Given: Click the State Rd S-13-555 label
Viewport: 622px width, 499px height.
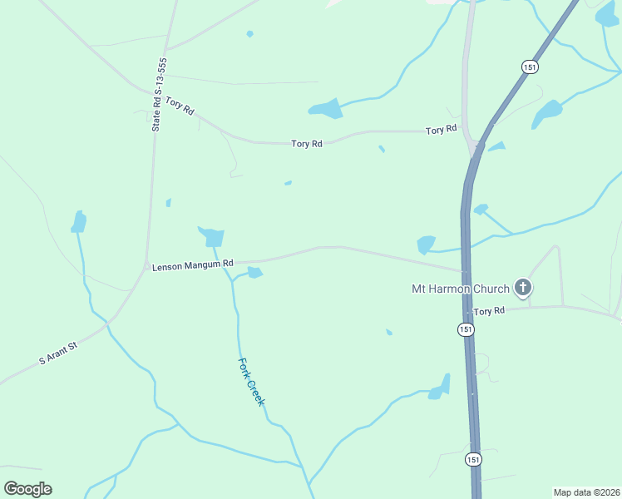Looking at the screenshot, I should click(159, 95).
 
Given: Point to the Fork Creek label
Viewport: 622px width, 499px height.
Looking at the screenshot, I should click(251, 382).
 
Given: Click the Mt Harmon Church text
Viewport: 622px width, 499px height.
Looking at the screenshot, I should click(461, 289).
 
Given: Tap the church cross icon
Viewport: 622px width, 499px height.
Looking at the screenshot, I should click(523, 288).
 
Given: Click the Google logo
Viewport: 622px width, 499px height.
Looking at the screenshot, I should click(27, 489).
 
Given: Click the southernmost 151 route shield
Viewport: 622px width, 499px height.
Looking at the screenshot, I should click(473, 459).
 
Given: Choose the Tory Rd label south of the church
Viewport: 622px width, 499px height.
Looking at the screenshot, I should click(489, 311).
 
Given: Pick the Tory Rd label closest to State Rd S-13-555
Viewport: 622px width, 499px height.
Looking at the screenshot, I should click(180, 106).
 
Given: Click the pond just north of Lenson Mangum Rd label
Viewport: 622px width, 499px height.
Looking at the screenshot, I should click(211, 236).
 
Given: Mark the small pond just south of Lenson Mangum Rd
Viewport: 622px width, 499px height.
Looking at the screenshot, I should click(254, 272).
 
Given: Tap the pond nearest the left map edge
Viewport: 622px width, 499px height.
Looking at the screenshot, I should click(79, 221).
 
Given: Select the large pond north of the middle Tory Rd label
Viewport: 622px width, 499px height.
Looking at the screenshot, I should click(326, 109).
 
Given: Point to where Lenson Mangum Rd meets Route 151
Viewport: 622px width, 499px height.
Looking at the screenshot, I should click(466, 270).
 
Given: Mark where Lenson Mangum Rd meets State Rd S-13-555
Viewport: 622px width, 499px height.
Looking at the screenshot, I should click(147, 266).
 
